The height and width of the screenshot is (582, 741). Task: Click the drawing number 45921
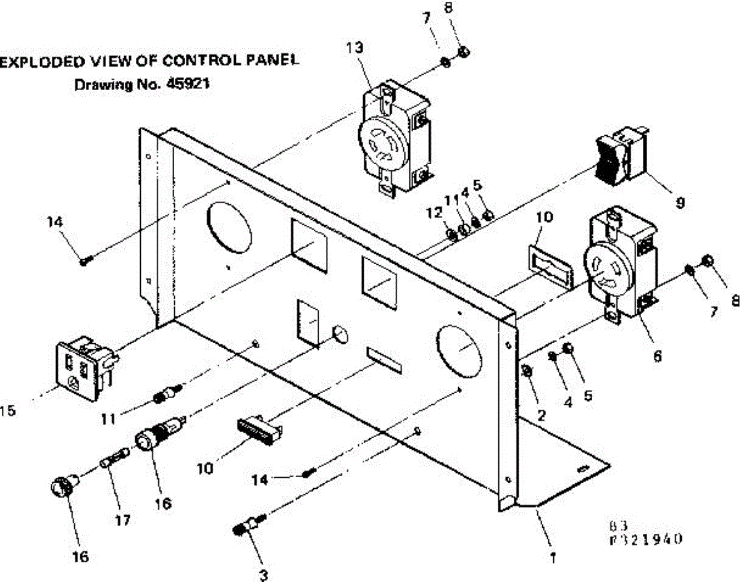pyautogui.click(x=186, y=86)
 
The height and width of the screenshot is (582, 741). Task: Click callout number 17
pyautogui.click(x=122, y=520)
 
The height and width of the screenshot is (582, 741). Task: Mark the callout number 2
pyautogui.click(x=541, y=415)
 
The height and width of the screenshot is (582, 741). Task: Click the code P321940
pyautogui.click(x=645, y=539)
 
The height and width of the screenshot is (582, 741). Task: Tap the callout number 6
pyautogui.click(x=656, y=356)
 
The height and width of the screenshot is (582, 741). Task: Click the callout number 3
pyautogui.click(x=264, y=575)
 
